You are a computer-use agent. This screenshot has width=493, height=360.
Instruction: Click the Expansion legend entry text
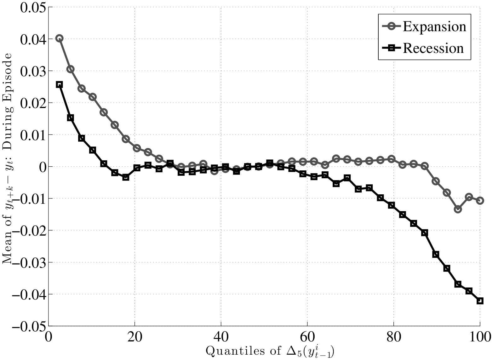pyautogui.click(x=434, y=26)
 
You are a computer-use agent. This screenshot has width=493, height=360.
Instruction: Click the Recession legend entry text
pyautogui.click(x=433, y=48)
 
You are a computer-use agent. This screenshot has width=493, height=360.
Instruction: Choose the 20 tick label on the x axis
pyautogui.click(x=135, y=336)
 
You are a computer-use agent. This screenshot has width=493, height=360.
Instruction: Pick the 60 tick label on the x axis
pyautogui.click(x=307, y=336)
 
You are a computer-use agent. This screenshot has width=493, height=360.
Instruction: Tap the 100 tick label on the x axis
pyautogui.click(x=479, y=336)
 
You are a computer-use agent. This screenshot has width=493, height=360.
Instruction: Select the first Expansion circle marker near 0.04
pyautogui.click(x=59, y=38)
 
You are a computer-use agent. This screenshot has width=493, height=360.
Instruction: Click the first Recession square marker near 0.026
pyautogui.click(x=59, y=84)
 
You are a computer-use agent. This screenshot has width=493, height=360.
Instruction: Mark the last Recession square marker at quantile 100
pyautogui.click(x=480, y=301)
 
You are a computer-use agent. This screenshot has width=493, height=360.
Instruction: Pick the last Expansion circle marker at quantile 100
pyautogui.click(x=480, y=200)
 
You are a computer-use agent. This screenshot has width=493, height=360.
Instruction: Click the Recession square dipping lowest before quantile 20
pyautogui.click(x=126, y=177)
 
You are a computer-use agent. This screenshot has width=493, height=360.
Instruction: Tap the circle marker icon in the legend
pyautogui.click(x=391, y=26)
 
